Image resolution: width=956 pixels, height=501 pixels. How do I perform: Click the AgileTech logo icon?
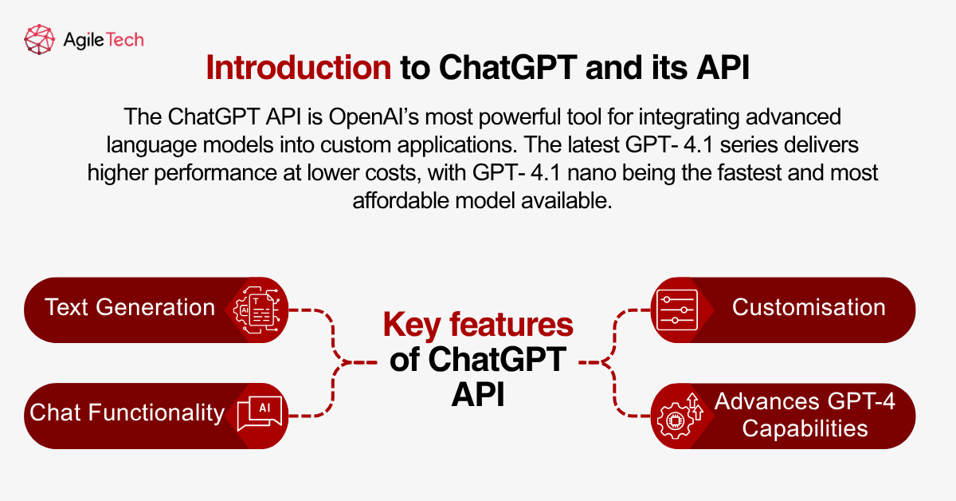40,39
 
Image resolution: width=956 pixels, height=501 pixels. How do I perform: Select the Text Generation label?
130,308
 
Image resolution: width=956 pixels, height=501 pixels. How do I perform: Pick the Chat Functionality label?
127,412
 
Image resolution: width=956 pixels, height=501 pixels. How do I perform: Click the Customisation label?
809,308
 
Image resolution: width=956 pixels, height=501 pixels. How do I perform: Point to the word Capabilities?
805,428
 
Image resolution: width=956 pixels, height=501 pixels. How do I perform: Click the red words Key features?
478,325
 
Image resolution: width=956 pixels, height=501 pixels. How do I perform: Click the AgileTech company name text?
103,39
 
